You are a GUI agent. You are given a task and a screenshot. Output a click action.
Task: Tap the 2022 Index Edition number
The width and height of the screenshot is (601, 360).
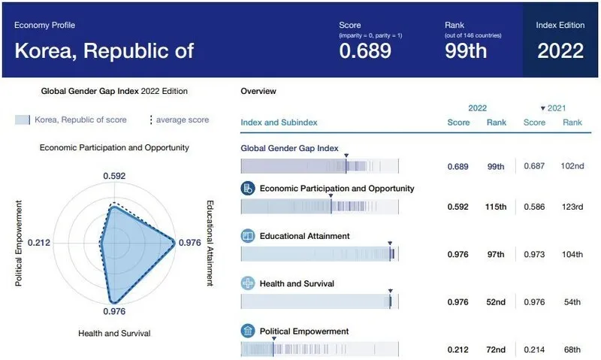click(560, 50)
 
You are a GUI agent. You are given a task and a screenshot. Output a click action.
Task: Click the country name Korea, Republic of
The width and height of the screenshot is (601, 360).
click(104, 50)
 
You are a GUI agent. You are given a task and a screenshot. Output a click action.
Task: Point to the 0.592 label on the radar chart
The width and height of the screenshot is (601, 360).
click(114, 176)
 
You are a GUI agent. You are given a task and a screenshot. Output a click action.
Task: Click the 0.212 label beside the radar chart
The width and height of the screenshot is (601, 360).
click(38, 243)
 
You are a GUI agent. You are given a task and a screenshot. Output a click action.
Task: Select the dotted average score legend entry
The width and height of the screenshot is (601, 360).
click(180, 119)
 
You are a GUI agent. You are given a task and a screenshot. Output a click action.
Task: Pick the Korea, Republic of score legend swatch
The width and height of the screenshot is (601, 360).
click(23, 119)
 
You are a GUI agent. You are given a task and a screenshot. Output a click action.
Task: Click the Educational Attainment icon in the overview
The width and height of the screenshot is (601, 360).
click(248, 236)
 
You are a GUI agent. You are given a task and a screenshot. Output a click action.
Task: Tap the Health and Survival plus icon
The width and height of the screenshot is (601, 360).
click(248, 283)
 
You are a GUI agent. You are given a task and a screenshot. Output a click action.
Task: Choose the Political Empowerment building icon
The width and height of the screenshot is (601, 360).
click(248, 331)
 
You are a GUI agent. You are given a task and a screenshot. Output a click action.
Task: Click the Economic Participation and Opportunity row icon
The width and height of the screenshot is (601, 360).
click(248, 188)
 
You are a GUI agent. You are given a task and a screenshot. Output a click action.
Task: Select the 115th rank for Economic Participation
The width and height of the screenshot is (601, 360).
click(497, 207)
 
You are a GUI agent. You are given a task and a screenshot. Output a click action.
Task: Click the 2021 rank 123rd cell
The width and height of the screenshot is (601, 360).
click(572, 207)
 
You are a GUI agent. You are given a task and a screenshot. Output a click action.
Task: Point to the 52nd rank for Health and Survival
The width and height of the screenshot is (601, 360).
click(497, 302)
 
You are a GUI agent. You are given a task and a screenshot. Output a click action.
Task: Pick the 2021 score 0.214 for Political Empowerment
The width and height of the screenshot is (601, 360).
click(534, 349)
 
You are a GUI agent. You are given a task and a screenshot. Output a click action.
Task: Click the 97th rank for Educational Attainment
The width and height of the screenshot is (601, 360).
click(497, 255)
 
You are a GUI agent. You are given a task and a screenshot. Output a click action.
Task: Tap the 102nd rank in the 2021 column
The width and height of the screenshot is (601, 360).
click(572, 165)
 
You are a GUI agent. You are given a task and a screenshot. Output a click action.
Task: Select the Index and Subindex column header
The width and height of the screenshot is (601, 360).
click(279, 123)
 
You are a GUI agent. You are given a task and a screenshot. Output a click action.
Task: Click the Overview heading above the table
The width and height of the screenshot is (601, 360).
click(258, 91)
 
